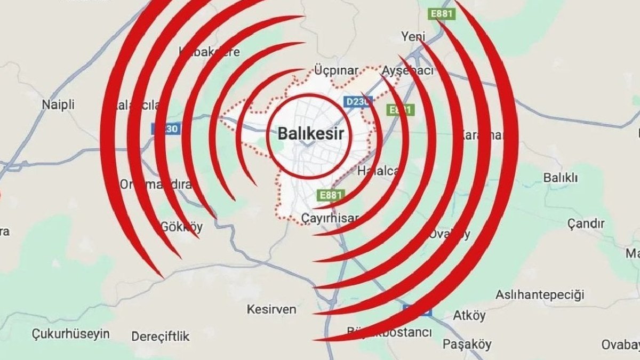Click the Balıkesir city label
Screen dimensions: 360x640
[x=310, y=134]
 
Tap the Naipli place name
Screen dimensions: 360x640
[x=58, y=105]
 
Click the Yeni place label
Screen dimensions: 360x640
[x=413, y=36]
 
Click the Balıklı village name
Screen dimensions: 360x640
[x=560, y=178]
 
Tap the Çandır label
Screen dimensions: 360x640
[x=586, y=223]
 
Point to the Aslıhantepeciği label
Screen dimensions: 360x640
[x=540, y=294]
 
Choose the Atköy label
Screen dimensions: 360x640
[x=469, y=316]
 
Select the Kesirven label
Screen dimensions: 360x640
[x=271, y=309]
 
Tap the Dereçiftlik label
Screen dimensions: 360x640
[x=161, y=337]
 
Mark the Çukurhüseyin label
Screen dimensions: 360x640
[x=71, y=334]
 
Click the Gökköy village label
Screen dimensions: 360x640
[x=182, y=227]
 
